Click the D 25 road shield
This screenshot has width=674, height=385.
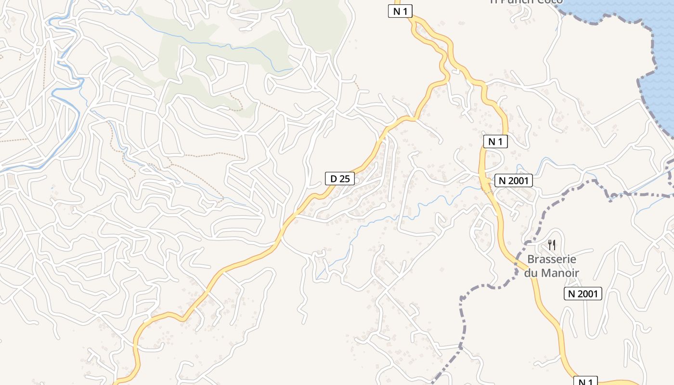pos(339,179)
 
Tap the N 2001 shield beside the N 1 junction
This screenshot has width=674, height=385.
pos(514,181)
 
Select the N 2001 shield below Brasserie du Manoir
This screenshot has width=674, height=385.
pos(583,294)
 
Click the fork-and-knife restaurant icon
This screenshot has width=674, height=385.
pos(552,245)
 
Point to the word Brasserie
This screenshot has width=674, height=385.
pos(552,259)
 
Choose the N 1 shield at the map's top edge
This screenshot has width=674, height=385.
pos(401,12)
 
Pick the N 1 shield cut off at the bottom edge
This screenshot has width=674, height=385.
pos(585,382)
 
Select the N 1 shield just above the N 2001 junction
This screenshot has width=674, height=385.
pos(496,141)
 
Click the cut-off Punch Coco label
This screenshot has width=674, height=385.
pos(526,2)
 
